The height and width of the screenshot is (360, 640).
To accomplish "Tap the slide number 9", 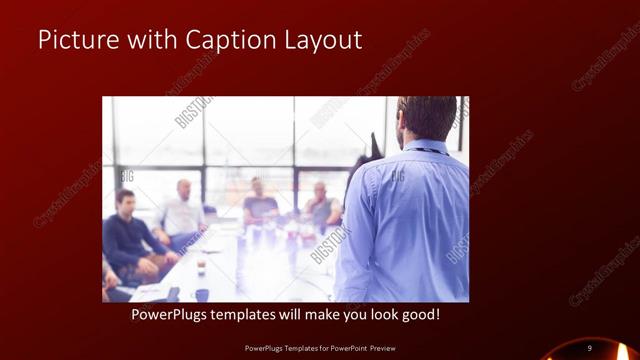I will (x=590, y=347).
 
